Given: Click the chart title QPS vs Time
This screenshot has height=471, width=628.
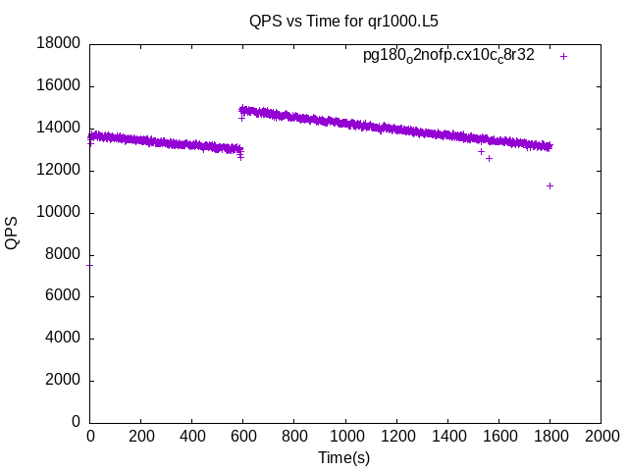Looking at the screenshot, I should [337, 20].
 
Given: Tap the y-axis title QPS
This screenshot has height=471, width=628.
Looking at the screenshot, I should [12, 233].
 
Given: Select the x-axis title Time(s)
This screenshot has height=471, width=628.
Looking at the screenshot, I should [343, 457].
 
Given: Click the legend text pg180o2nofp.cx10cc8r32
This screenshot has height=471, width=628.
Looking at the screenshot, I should [448, 56].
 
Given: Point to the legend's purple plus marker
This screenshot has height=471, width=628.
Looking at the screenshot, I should [563, 56].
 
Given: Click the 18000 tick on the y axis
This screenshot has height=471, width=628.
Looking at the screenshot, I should [60, 43].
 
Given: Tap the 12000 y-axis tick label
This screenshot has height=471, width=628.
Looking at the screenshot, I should [60, 170].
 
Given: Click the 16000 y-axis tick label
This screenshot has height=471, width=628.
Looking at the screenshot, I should [60, 85].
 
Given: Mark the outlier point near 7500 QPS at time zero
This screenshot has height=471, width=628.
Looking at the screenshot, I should [90, 265].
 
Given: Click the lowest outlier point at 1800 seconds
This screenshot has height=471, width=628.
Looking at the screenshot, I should [550, 185].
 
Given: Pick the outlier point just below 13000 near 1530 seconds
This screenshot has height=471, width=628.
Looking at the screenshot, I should [481, 151].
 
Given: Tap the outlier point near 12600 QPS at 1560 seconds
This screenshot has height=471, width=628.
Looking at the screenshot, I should [489, 158].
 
